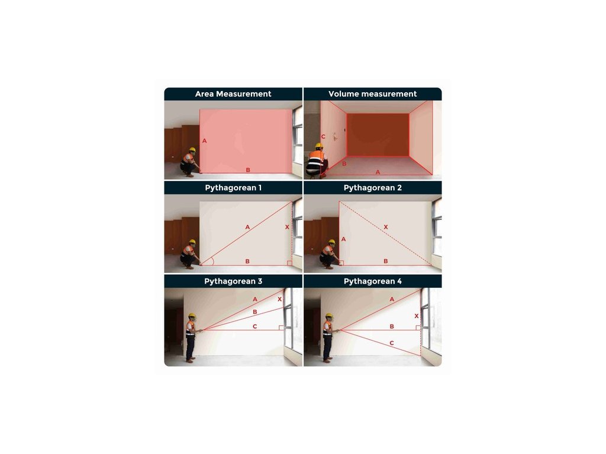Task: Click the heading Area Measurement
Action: coord(233,94)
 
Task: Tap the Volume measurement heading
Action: coord(373,94)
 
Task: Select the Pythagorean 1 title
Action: coord(233,187)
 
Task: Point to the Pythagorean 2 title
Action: coord(373,187)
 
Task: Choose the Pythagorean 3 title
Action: coord(233,281)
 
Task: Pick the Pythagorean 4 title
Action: coord(373,281)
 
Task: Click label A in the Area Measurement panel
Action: coord(204,141)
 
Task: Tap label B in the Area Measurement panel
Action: coord(248,170)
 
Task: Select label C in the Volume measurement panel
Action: coord(323,137)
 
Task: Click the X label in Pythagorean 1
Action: coord(287,227)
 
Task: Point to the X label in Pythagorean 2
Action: coord(386,227)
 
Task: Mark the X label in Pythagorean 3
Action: coord(280,299)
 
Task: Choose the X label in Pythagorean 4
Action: coord(417,316)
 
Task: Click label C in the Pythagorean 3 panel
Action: coord(254,326)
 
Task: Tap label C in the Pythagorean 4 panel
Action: coord(392,343)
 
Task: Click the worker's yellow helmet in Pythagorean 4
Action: coord(329,316)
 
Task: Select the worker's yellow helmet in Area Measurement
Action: coord(192,150)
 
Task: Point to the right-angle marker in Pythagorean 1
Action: coord(289,263)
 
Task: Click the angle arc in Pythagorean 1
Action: coord(212,261)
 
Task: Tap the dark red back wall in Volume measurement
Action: coord(378,135)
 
